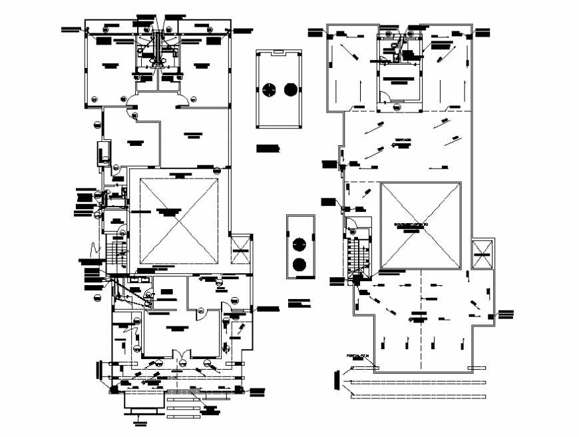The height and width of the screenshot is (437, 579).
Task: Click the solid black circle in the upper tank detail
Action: (291, 89)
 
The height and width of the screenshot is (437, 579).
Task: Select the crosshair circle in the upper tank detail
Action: (269, 89)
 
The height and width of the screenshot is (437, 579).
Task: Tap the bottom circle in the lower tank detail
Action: (300, 264)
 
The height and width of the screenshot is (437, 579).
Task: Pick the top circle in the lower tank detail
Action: (300, 243)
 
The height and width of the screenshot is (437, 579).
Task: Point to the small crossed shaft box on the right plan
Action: (482, 254)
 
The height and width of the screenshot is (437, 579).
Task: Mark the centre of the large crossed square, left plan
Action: (180, 222)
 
